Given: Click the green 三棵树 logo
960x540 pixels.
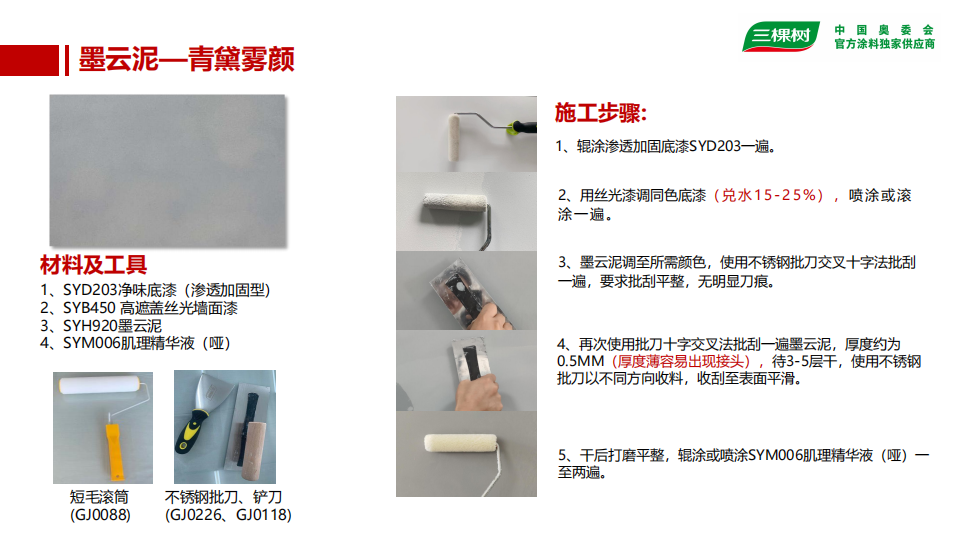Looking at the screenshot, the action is (x=781, y=36).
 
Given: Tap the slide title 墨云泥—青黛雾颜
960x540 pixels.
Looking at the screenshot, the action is (x=187, y=59).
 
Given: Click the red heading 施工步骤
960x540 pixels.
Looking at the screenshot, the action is (x=600, y=113).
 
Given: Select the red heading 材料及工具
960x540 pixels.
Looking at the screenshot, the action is (x=94, y=265).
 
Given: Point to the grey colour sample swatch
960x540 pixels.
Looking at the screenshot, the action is (x=167, y=170).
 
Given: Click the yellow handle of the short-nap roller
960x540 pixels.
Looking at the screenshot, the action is (x=114, y=448).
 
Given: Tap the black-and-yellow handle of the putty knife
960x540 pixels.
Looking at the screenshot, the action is (x=191, y=430).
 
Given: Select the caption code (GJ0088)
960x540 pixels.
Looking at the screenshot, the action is (x=100, y=515).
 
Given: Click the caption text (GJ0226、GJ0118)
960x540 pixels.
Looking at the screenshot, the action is (x=228, y=515).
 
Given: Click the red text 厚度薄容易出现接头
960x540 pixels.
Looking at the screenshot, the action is (x=681, y=361).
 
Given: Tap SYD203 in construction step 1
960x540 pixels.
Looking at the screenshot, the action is (x=715, y=146).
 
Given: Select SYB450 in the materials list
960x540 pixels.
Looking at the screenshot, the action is (x=89, y=308).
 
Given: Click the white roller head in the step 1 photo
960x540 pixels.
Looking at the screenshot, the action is (x=454, y=138).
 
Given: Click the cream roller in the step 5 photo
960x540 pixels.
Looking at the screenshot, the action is (x=460, y=444).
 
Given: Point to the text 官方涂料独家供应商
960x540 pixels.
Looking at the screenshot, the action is (x=885, y=44).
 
